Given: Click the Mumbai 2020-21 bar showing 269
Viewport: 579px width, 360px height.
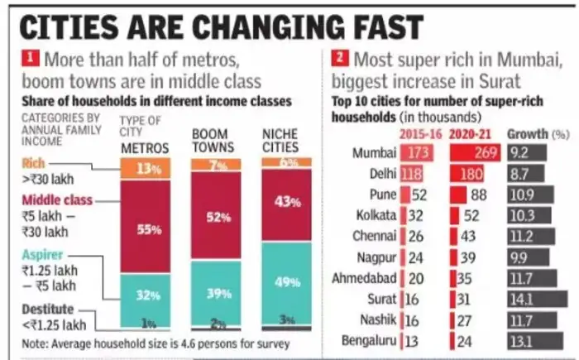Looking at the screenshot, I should click(x=475, y=153).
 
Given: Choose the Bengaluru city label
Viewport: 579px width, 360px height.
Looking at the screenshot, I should click(x=366, y=340).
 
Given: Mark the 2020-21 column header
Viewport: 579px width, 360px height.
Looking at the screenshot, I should click(x=473, y=133).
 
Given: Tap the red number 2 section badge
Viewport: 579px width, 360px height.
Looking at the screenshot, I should click(x=340, y=59).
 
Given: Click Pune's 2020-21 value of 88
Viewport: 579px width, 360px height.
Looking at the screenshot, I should click(x=477, y=195).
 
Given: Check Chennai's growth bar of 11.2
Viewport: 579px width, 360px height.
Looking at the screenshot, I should click(x=530, y=237).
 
